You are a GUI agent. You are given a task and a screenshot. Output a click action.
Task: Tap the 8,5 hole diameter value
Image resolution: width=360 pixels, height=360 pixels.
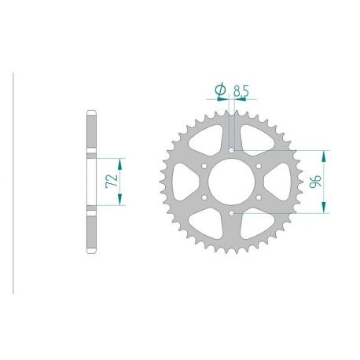(241, 91)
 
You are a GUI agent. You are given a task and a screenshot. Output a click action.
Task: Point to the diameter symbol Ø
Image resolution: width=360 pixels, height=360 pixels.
(221, 91)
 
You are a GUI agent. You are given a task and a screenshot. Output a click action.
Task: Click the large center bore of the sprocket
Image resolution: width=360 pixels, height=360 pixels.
(233, 181)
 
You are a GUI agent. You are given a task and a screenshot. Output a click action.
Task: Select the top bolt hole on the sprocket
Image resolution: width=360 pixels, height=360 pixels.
(233, 149)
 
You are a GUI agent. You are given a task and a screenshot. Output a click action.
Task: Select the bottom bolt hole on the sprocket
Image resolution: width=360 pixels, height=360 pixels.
(233, 213)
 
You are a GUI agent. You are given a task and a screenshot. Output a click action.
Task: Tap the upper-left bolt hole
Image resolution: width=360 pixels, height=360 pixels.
(204, 165)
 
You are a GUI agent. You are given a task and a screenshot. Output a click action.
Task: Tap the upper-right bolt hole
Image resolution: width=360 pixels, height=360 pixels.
(260, 165)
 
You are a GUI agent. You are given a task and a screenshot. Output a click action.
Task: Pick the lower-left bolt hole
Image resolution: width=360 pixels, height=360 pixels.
(204, 197)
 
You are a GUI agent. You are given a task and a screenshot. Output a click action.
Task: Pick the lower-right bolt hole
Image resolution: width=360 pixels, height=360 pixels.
(260, 197)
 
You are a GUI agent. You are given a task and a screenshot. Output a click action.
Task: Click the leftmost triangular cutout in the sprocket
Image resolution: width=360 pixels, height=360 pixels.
(186, 181)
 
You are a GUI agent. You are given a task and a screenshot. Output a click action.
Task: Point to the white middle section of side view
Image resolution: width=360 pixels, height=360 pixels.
(91, 181)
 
